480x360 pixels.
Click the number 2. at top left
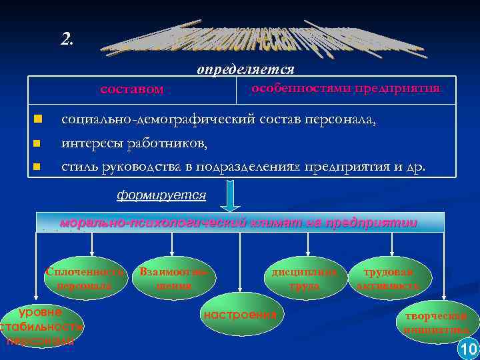pyautogui.click(x=67, y=39)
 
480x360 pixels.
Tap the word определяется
pyautogui.click(x=245, y=69)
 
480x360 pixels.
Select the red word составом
pyautogui.click(x=131, y=89)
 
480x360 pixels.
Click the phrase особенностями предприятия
pyautogui.click(x=345, y=89)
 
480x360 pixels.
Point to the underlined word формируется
pyautogui.click(x=161, y=195)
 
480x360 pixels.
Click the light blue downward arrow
pyautogui.click(x=229, y=198)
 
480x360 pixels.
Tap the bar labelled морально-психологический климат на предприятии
pyautogui.click(x=239, y=223)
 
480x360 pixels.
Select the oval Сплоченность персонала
pyautogui.click(x=85, y=279)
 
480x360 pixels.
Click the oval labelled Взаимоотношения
pyautogui.click(x=174, y=279)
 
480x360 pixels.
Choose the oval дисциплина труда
pyautogui.click(x=305, y=279)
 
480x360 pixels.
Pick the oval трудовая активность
pyautogui.click(x=389, y=279)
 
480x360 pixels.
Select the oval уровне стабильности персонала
pyautogui.click(x=41, y=326)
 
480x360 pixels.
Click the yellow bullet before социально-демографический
pyautogui.click(x=38, y=120)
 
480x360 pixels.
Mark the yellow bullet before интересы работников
pyautogui.click(x=38, y=143)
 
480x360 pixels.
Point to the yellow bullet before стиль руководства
pyautogui.click(x=38, y=166)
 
